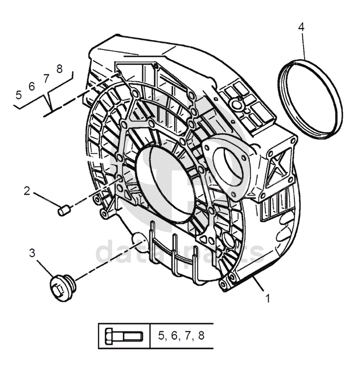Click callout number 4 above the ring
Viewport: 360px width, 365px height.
tap(301, 26)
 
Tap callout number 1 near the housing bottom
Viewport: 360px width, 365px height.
tap(268, 298)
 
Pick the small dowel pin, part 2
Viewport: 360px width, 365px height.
tap(62, 212)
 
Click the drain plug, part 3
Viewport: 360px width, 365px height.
tap(60, 287)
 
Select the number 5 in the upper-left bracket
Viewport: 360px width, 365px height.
tap(19, 94)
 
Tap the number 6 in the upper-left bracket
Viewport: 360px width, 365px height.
tap(32, 86)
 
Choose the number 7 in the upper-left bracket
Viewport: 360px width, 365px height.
tap(46, 78)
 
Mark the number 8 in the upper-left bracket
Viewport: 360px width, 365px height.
tap(59, 69)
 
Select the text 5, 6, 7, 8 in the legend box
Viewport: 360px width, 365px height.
tap(181, 336)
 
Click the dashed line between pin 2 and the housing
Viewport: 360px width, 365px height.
tap(94, 196)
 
